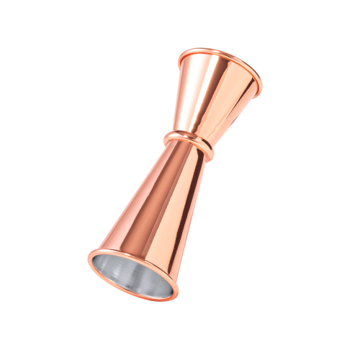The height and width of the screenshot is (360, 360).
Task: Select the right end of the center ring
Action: pos(212,153)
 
